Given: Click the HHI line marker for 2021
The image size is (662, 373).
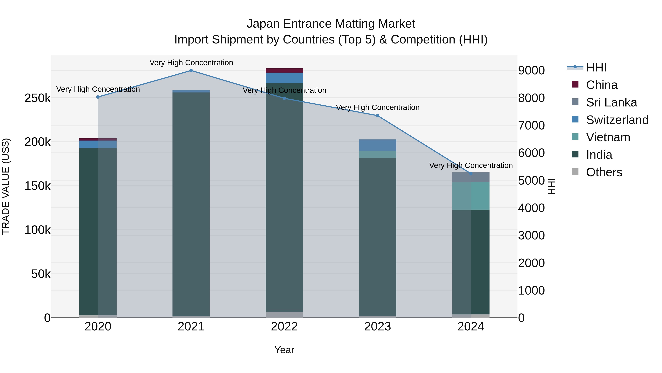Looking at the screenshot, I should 191,71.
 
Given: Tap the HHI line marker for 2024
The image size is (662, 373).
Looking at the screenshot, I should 471,174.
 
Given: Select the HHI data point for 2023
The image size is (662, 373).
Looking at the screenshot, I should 378,115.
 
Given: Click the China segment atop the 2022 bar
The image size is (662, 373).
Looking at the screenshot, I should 284,71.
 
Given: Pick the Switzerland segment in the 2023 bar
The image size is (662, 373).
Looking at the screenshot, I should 378,145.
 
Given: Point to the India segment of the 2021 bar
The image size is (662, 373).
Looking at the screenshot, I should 191,203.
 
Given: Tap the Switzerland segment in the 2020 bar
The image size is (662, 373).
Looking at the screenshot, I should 98,144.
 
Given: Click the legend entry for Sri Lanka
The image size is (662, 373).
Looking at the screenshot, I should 611,102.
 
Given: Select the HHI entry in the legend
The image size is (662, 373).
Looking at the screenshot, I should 596,67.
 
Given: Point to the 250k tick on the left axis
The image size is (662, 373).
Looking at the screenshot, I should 38,98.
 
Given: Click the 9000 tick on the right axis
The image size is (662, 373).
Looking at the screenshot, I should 531,70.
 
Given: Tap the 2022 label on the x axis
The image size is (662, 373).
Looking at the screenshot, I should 284,327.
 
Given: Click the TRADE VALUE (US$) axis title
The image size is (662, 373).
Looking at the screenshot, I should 6,186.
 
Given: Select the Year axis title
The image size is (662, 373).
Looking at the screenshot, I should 284,350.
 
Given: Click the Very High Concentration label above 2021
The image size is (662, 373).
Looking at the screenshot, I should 191,63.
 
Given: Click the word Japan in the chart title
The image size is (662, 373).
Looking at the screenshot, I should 263,24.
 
